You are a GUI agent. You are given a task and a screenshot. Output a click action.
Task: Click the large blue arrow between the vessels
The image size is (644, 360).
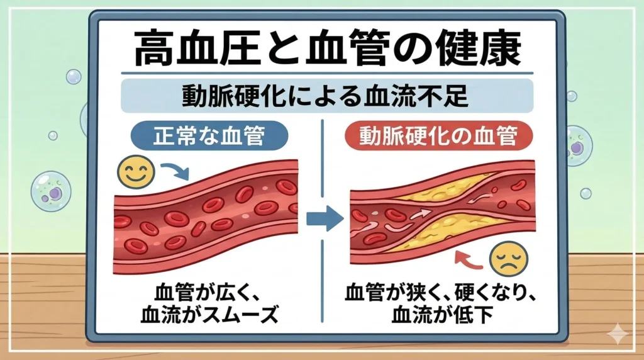coord(324,219)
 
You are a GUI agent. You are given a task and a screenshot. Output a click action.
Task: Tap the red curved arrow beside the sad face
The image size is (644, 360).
coord(471,259)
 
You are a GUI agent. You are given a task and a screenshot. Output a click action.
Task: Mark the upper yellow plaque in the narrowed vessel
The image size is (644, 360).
coord(440,189)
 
